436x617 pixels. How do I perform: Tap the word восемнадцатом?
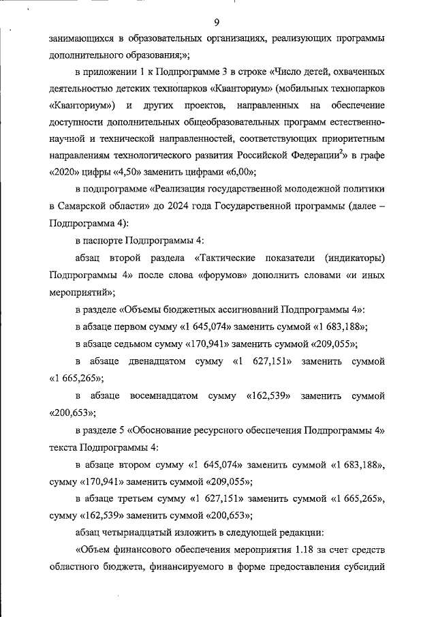point(164,395)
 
